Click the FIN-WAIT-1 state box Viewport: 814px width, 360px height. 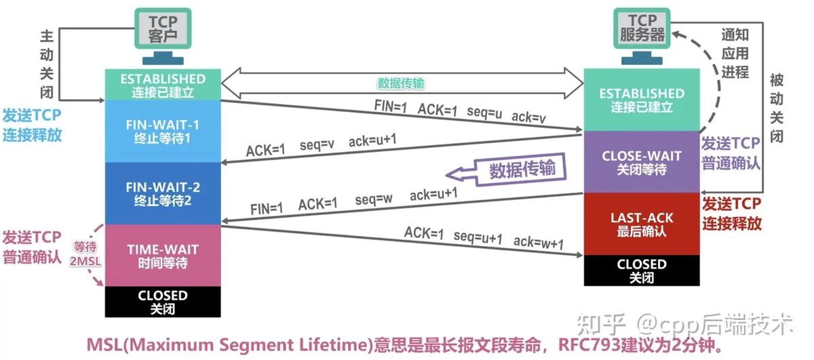click(163, 131)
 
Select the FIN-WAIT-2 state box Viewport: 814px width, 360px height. click(163, 193)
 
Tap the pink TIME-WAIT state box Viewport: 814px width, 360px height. click(163, 256)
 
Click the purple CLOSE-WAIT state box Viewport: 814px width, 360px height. click(642, 162)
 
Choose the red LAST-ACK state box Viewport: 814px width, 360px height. click(642, 224)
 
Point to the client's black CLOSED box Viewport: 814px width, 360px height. click(163, 302)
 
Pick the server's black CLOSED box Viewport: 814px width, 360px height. click(642, 271)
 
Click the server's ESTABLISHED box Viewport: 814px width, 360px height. click(642, 100)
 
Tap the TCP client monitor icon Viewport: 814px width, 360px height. click(163, 36)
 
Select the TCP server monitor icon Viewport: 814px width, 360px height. click(642, 36)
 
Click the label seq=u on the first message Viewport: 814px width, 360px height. click(484, 113)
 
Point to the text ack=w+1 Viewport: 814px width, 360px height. click(539, 242)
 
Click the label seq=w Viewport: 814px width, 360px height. click(374, 199)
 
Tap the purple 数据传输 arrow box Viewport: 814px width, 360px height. click(506, 170)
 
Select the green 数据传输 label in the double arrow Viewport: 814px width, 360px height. click(401, 83)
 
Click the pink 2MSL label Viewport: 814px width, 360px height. click(85, 261)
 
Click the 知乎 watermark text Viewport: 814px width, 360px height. click(601, 324)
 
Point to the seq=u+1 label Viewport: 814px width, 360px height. click(478, 237)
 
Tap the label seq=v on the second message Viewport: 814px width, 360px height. click(317, 144)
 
